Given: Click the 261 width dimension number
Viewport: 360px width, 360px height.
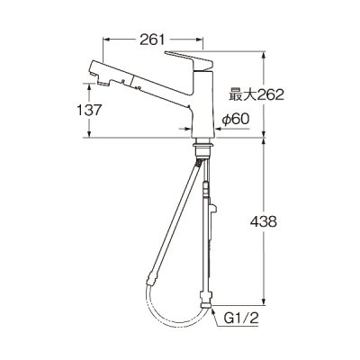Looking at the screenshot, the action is click(152, 40).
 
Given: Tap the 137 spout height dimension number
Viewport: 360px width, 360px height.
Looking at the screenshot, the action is click(90, 110).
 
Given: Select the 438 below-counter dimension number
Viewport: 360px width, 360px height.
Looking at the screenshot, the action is click(264, 222).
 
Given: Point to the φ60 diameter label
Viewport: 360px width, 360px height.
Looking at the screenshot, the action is click(236, 120).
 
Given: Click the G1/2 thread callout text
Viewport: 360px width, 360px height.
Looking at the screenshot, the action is click(241, 319).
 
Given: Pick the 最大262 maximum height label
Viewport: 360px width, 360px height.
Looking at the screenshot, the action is click(256, 95).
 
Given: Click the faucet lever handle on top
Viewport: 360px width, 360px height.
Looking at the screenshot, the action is click(189, 61).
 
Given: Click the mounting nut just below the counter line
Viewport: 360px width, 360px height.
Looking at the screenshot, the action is click(202, 148).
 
